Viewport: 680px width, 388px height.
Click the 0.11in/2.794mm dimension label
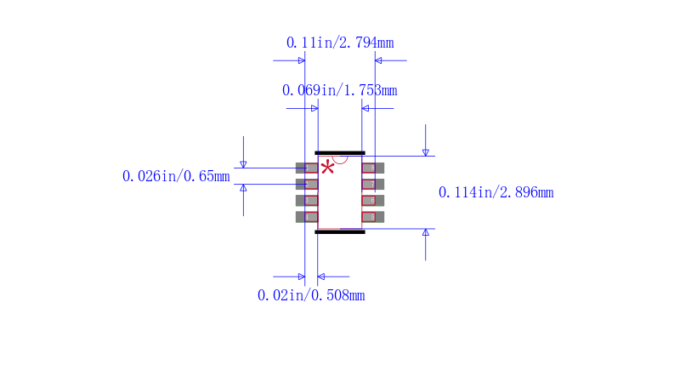(x=340, y=43)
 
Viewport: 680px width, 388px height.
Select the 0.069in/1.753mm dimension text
(x=339, y=90)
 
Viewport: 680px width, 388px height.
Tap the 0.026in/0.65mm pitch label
(x=176, y=176)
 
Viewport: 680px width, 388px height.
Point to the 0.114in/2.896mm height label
(x=496, y=192)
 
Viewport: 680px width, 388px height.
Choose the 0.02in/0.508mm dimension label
(x=311, y=295)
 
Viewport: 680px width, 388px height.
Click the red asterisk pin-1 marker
(x=327, y=168)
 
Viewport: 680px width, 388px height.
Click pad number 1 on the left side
(x=306, y=168)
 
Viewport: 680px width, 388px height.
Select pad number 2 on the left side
(x=306, y=184)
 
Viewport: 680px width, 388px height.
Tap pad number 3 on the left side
(x=306, y=201)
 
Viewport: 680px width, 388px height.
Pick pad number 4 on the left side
(x=306, y=217)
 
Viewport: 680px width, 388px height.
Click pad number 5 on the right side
(x=373, y=217)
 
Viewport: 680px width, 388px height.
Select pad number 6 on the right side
(x=373, y=201)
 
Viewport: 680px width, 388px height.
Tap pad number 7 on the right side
(x=373, y=184)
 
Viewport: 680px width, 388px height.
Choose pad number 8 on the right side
(x=373, y=168)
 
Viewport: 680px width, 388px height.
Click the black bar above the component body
(x=340, y=153)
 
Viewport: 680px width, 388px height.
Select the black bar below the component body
(x=340, y=231)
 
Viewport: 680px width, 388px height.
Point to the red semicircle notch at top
(x=340, y=158)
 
